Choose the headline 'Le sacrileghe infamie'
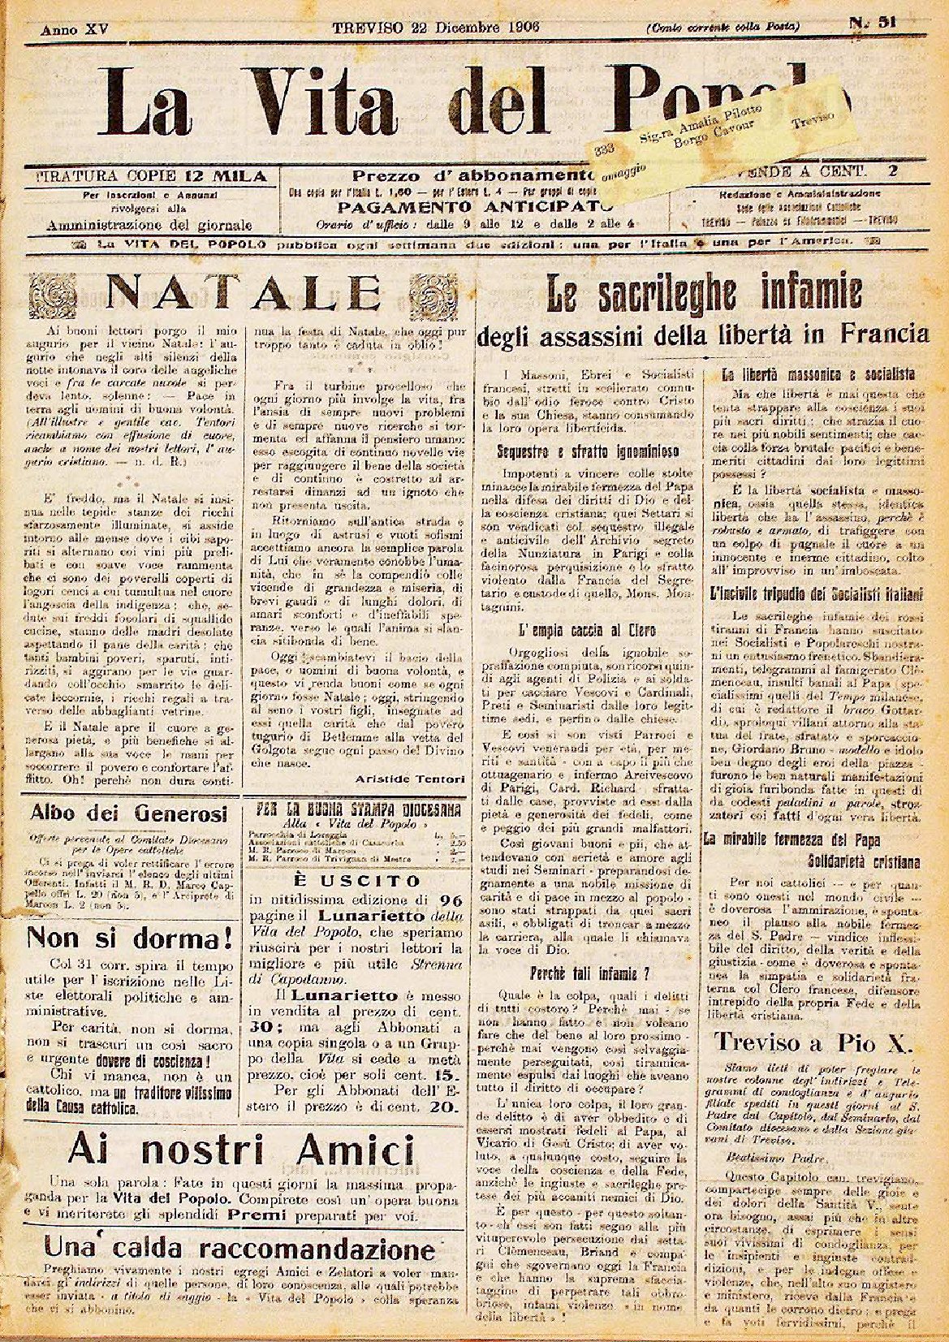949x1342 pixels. (x=702, y=294)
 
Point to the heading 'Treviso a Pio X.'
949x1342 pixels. (x=814, y=1042)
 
